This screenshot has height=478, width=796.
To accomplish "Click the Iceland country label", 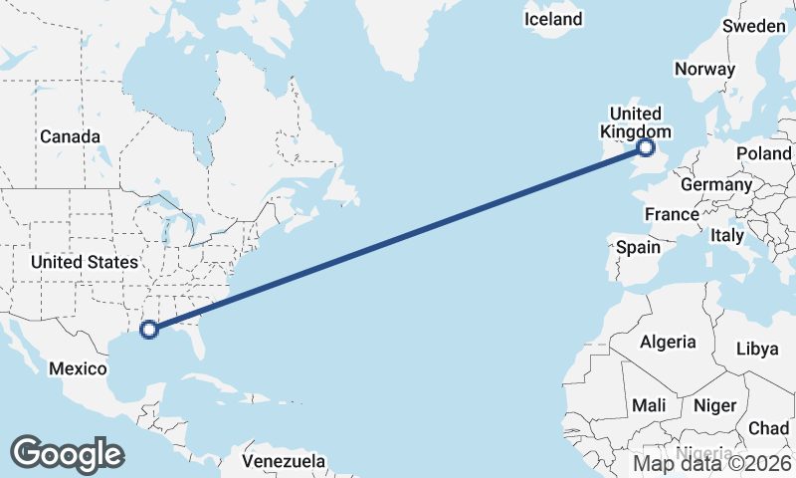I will pyautogui.click(x=554, y=19).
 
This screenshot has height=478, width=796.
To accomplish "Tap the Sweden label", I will pyautogui.click(x=754, y=26).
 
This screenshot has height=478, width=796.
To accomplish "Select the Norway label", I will pyautogui.click(x=704, y=69).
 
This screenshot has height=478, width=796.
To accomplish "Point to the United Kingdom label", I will pyautogui.click(x=636, y=122).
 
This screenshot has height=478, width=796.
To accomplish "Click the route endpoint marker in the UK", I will pyautogui.click(x=647, y=148).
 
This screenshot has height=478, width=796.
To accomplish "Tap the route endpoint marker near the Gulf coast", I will pyautogui.click(x=149, y=330).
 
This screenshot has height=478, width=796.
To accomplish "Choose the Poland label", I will pyautogui.click(x=764, y=153).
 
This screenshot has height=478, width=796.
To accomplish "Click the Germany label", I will pyautogui.click(x=716, y=184).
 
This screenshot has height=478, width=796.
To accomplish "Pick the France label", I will pyautogui.click(x=672, y=214).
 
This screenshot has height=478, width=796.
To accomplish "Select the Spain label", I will pyautogui.click(x=639, y=247).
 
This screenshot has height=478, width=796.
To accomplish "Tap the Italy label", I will pyautogui.click(x=726, y=236).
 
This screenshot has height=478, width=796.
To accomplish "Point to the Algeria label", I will pyautogui.click(x=668, y=342).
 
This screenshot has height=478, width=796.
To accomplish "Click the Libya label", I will pyautogui.click(x=757, y=349).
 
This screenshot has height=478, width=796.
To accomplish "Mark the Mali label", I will pyautogui.click(x=649, y=405).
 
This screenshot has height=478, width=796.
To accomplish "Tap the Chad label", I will pyautogui.click(x=769, y=428).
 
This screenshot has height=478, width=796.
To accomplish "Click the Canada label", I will pyautogui.click(x=70, y=136).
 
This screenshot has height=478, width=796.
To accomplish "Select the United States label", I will pyautogui.click(x=84, y=262).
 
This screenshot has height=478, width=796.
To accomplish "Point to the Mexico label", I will pyautogui.click(x=78, y=368).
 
